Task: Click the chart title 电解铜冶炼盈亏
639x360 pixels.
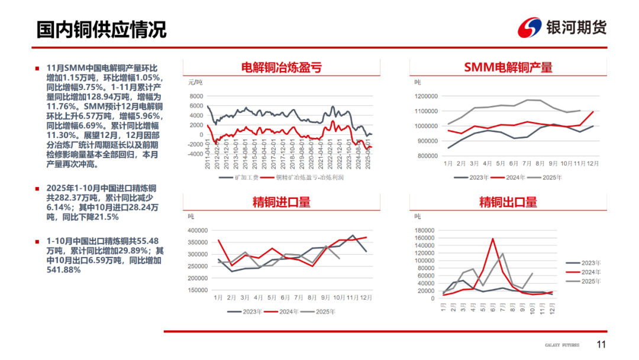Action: click(x=282, y=67)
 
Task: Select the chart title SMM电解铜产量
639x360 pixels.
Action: click(x=508, y=67)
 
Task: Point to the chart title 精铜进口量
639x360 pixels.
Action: click(x=282, y=202)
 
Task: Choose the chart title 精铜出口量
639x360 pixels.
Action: click(x=508, y=202)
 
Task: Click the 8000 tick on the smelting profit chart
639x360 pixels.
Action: click(x=195, y=97)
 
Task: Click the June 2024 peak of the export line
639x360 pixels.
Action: click(x=493, y=239)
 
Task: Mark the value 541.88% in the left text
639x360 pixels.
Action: click(x=64, y=269)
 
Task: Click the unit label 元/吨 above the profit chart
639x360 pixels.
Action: click(x=195, y=82)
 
